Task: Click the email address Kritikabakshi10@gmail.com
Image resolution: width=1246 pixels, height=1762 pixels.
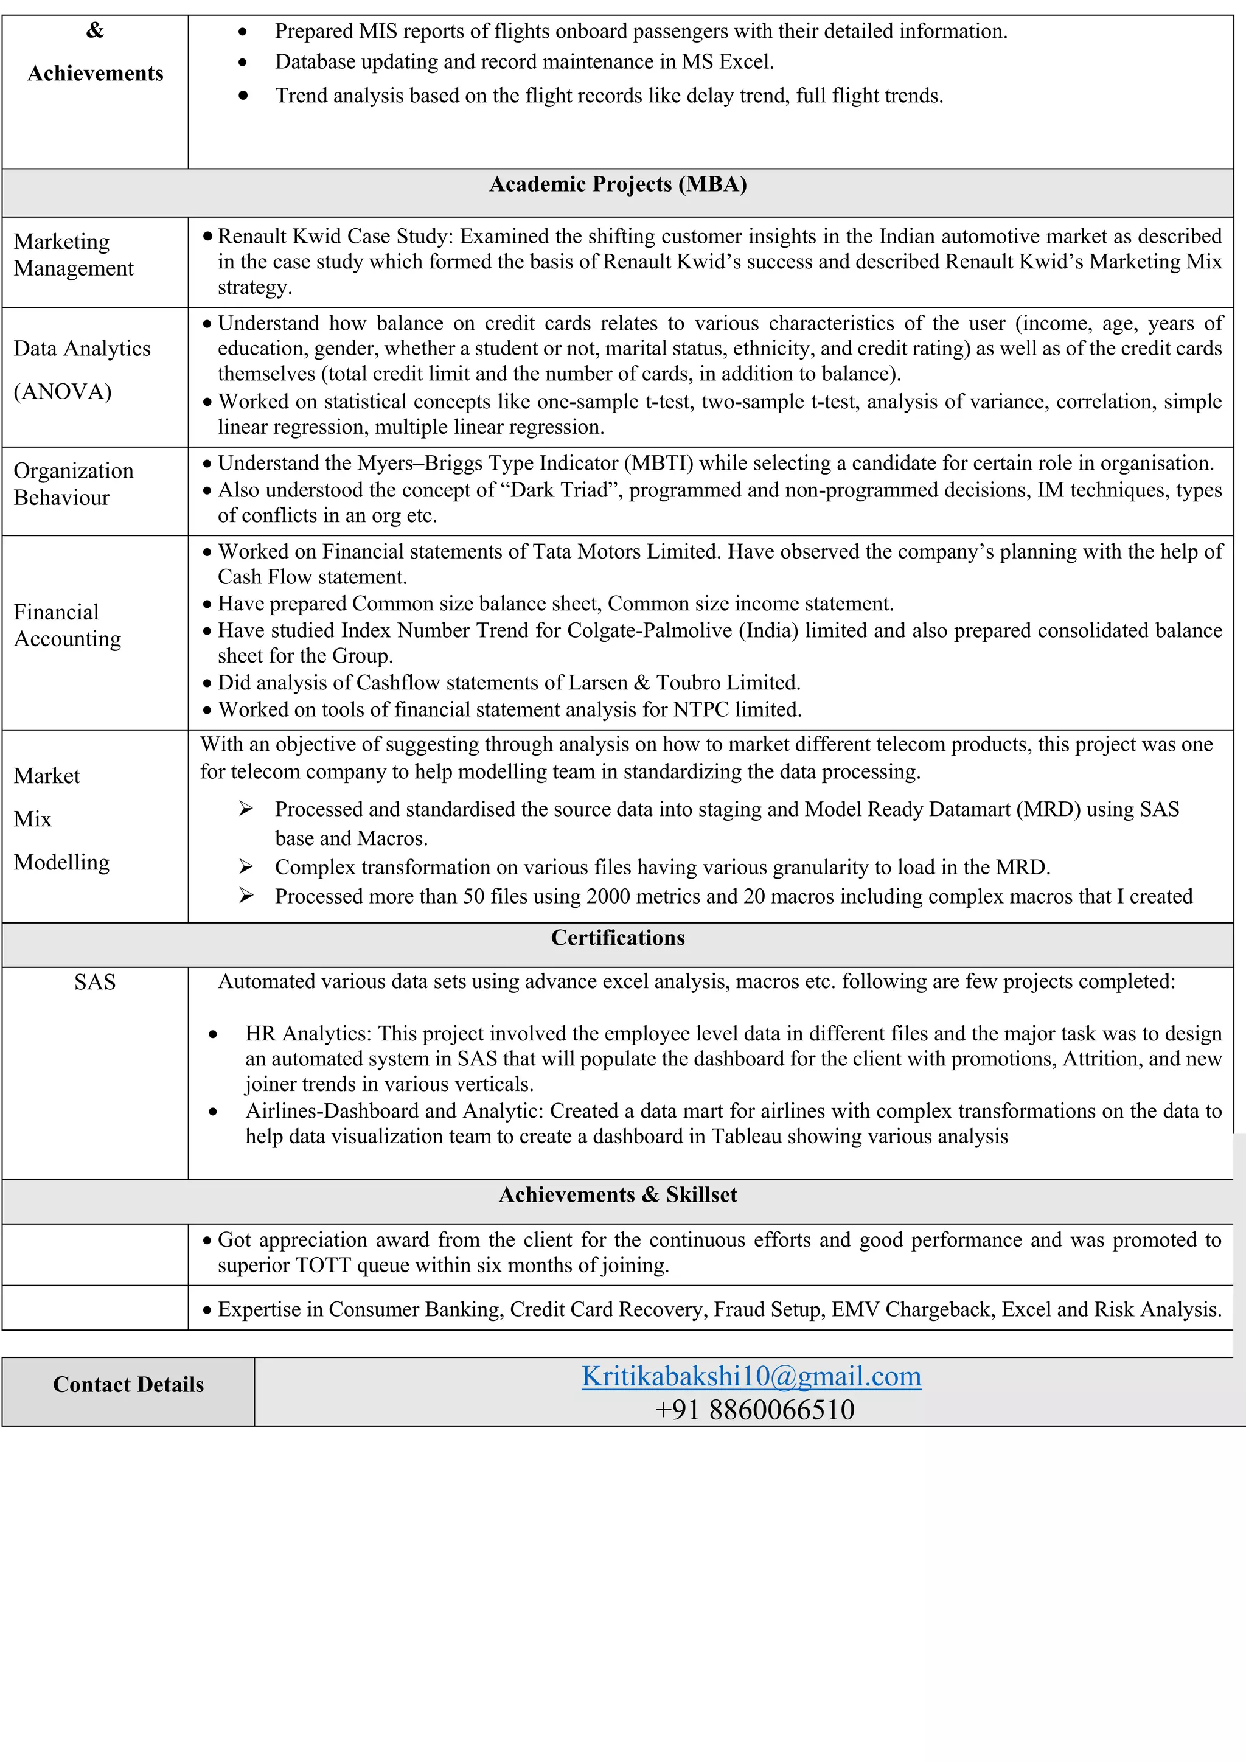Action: coord(751,1376)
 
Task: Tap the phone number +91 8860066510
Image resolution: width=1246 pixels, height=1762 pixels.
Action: coord(754,1410)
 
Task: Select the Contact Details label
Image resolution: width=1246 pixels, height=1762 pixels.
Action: coord(128,1384)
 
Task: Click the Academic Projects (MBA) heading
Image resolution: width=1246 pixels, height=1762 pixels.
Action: coord(618,184)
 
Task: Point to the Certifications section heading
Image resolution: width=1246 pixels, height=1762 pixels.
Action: coord(618,938)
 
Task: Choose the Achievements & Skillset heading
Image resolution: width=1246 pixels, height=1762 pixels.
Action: coord(618,1195)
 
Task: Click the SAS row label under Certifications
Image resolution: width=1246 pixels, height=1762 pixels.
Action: coord(95,982)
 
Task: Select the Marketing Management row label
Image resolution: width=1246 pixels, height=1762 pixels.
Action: coord(74,255)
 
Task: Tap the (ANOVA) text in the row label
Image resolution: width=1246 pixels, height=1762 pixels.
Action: coord(63,391)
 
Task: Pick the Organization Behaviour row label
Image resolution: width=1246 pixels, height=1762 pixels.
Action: coord(74,484)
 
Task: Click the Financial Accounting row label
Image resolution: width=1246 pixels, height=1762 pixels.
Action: coord(68,625)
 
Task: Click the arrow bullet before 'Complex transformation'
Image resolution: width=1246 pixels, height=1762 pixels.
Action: coord(246,867)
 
